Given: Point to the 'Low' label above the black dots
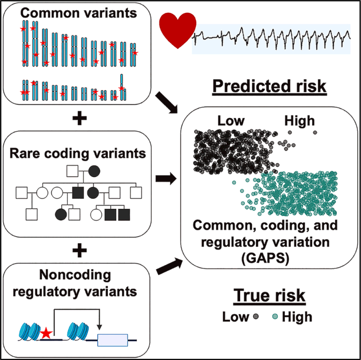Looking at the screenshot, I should (x=231, y=121).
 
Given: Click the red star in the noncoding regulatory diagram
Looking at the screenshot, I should (x=46, y=333).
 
